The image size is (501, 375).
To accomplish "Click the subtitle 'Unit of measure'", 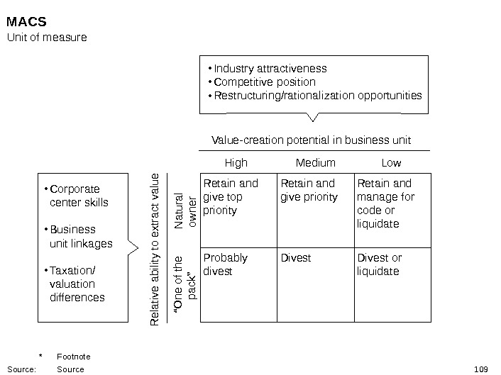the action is click(x=47, y=37).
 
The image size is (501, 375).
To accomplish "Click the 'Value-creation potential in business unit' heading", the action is click(x=312, y=140).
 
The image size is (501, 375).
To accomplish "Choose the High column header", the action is click(x=236, y=163).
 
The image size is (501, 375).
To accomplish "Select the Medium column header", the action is click(x=315, y=163).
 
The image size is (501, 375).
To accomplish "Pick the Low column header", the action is click(x=391, y=163).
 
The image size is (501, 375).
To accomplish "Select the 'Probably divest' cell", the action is click(x=225, y=264).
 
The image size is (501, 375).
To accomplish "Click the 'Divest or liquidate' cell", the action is click(x=380, y=264).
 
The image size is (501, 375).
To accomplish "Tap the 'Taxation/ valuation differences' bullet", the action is click(x=77, y=284).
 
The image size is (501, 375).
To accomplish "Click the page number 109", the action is click(x=480, y=369).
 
